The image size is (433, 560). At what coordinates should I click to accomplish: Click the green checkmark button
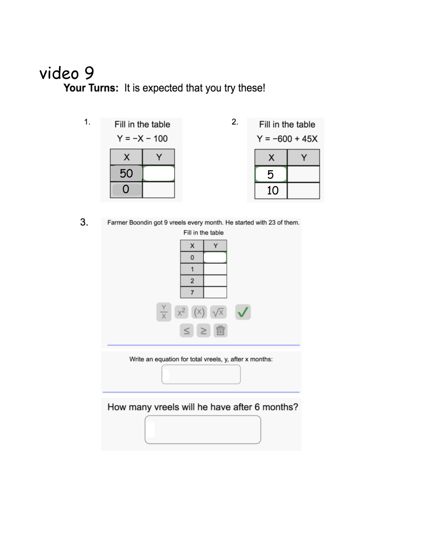pos(243,312)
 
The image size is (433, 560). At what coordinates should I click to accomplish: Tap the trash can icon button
pos(220,330)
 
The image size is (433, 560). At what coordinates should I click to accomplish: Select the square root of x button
pos(218,312)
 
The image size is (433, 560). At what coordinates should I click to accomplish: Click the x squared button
pos(181,312)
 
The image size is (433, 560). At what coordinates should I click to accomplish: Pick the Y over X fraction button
pos(164,312)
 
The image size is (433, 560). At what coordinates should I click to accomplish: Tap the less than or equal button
pos(187,330)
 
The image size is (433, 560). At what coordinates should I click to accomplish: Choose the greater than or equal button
pos(203,330)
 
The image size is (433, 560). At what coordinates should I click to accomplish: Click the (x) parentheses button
pos(199,312)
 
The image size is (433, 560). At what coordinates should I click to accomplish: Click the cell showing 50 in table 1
pos(126,173)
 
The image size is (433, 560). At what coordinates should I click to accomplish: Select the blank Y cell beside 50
pos(159,173)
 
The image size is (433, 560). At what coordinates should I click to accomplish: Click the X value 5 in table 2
pos(271,174)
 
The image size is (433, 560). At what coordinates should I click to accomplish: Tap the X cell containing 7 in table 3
pos(192,292)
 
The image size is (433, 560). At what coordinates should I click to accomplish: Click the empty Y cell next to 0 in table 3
pos(215,257)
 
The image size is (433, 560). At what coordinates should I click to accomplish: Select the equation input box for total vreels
pos(201,374)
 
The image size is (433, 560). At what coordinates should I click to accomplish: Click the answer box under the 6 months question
pos(203,430)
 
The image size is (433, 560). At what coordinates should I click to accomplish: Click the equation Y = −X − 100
pos(142,138)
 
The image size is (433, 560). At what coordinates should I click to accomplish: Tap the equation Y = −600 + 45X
pos(287,139)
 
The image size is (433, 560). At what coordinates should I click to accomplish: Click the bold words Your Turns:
pos(91,88)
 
